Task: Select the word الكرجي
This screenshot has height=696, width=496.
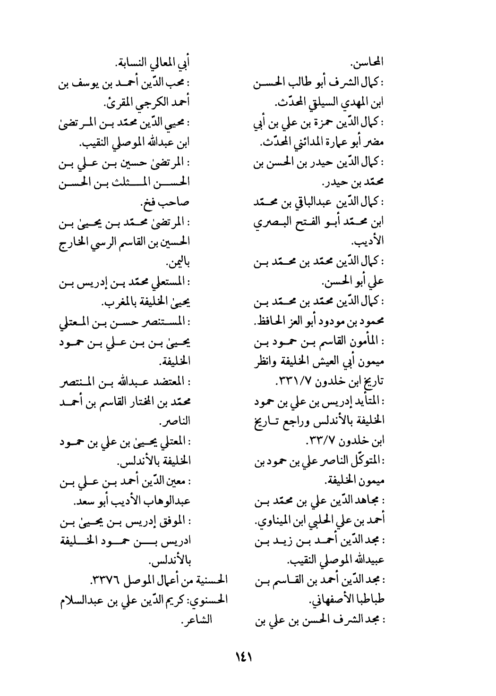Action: [148, 103]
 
